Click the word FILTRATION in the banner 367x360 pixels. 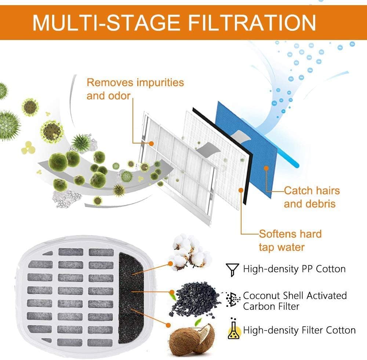coord(252,22)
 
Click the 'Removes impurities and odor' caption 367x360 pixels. coord(135,89)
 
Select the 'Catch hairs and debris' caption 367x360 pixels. coord(312,197)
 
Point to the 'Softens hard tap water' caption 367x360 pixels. coord(290,240)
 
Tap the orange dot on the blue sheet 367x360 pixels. coord(266,168)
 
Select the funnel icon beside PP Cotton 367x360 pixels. coord(232,270)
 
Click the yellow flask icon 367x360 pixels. coord(234,330)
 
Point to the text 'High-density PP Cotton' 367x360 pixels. coord(294,269)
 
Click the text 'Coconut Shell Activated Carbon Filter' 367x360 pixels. coord(295,301)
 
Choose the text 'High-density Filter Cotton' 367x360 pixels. coord(299,330)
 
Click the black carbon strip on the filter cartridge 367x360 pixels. coord(130,298)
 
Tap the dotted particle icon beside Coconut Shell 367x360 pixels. coord(233,299)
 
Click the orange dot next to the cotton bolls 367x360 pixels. coord(171,264)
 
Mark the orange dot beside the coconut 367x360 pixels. coord(168,325)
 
